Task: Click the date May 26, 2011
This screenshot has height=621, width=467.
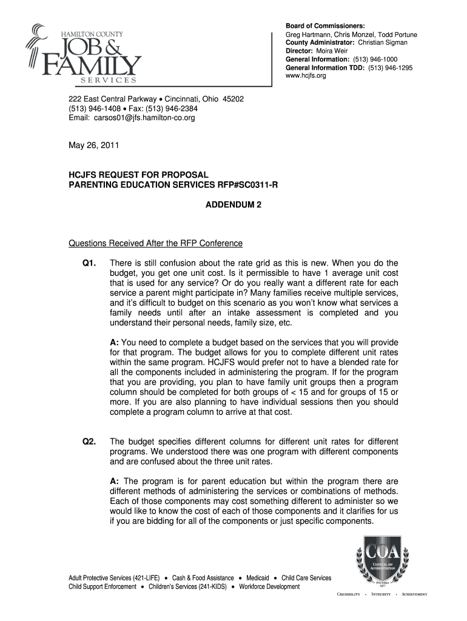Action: coord(93,146)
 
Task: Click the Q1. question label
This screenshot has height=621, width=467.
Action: coord(89,263)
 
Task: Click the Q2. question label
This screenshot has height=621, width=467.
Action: coord(89,441)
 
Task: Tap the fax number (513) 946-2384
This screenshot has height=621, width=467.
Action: coord(173,109)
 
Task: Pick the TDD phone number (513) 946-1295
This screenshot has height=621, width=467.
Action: coord(392,68)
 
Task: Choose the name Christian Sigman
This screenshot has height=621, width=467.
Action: coord(383,42)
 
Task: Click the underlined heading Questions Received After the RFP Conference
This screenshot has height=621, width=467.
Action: coord(155,243)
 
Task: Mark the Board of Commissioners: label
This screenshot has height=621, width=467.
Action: coord(326,25)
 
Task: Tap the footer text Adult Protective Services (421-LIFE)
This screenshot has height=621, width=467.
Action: coord(115,578)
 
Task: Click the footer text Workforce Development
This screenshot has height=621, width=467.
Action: coord(269,586)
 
